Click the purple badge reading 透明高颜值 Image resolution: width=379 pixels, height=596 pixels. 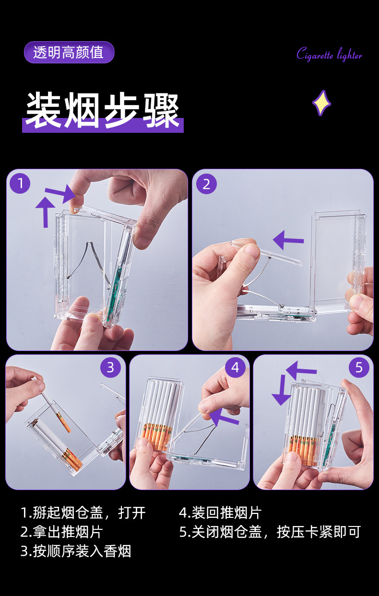[69, 52]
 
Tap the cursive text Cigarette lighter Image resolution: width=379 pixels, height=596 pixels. [329, 54]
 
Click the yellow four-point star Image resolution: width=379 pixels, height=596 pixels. [321, 103]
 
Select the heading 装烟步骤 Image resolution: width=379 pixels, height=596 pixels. [103, 110]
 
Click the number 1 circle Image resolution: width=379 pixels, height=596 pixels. [20, 183]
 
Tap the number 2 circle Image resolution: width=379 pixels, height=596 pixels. [206, 184]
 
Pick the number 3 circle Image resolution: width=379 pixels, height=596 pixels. [110, 367]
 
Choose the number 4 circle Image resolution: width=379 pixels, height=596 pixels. [235, 367]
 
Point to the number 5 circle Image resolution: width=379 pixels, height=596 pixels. [359, 367]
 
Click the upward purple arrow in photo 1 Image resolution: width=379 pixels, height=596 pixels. [46, 212]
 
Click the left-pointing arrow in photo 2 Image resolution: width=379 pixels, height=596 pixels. [288, 240]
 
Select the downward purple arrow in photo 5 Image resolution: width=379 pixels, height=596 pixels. [282, 389]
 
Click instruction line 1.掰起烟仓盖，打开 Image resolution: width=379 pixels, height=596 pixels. [83, 513]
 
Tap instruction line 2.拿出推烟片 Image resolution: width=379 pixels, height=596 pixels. [61, 532]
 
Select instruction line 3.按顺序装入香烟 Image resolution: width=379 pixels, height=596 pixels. [76, 551]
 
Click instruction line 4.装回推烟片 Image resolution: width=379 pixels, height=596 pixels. [220, 513]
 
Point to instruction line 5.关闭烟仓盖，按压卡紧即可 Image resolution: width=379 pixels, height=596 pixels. [270, 532]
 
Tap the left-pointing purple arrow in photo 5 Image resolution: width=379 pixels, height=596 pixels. [301, 370]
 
